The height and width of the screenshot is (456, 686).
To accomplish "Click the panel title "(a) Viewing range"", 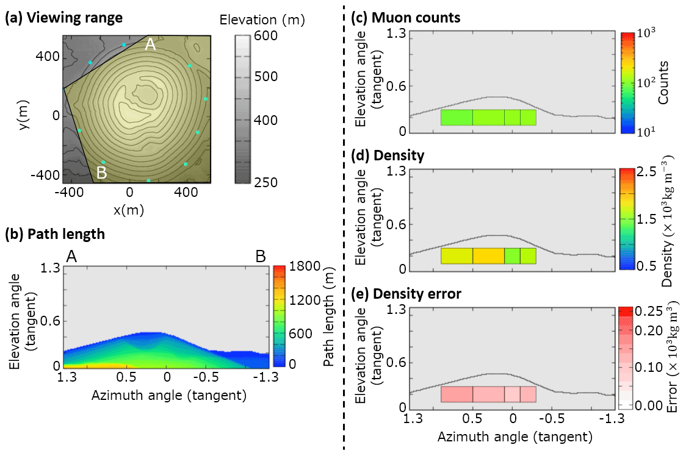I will coord(64,18).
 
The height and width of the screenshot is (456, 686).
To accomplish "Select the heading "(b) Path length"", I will coord(54,233).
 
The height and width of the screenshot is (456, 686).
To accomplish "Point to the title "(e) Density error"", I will coord(407,294).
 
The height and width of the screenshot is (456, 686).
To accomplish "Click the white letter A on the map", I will coord(150,45).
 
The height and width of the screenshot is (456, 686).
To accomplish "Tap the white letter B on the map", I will coord(101,173).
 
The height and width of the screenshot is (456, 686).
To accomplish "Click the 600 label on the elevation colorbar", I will coord(266,37).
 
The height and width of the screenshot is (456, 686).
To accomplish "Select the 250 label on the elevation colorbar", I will coord(266,182).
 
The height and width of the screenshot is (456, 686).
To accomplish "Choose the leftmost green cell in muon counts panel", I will coord(457,118).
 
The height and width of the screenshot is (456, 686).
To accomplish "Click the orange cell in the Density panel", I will coord(488,256).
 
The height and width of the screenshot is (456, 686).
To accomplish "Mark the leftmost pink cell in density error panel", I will coord(457,394).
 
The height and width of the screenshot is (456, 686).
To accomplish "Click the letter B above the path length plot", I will coord(261,257).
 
